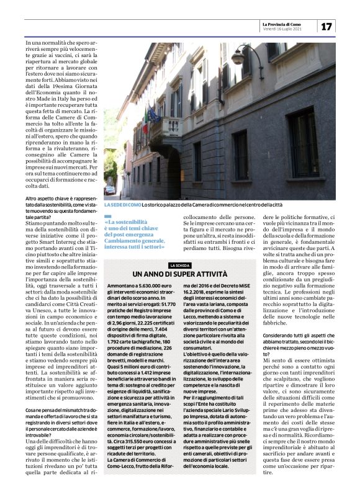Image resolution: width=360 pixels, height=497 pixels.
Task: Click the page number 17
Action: tap(326, 26)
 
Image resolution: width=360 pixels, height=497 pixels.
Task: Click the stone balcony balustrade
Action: tap(163, 127)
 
